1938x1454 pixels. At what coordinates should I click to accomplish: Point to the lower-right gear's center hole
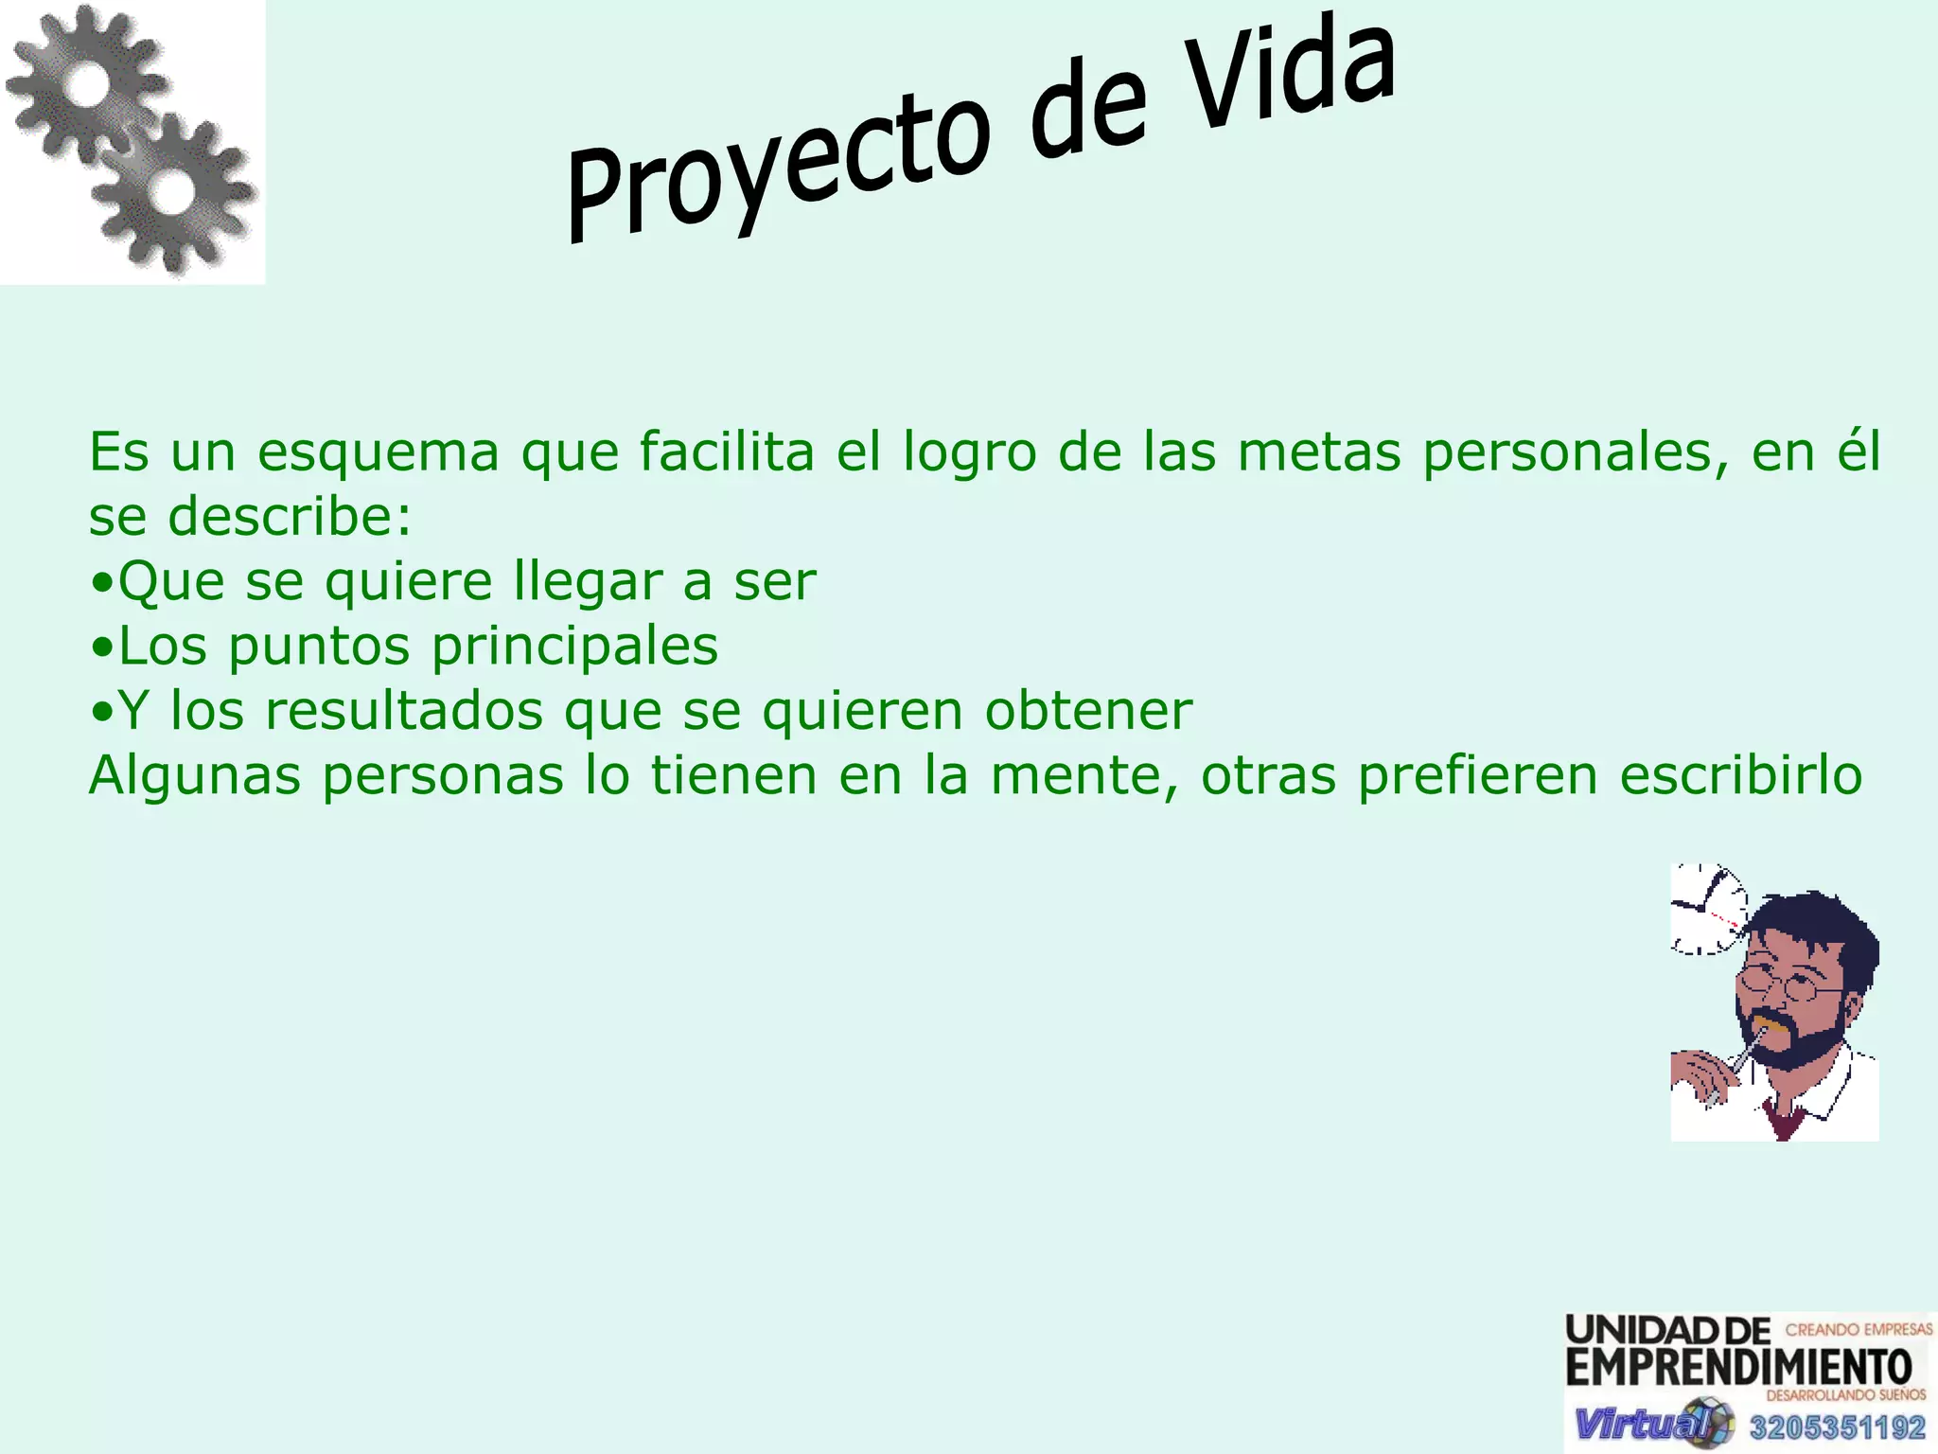tap(172, 193)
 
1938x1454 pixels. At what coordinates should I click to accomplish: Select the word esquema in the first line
tap(379, 452)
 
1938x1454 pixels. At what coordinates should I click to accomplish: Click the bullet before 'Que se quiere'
tap(102, 584)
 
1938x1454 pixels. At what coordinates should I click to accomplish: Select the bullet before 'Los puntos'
tap(102, 648)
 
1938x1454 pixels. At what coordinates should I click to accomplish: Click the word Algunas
tap(194, 776)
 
